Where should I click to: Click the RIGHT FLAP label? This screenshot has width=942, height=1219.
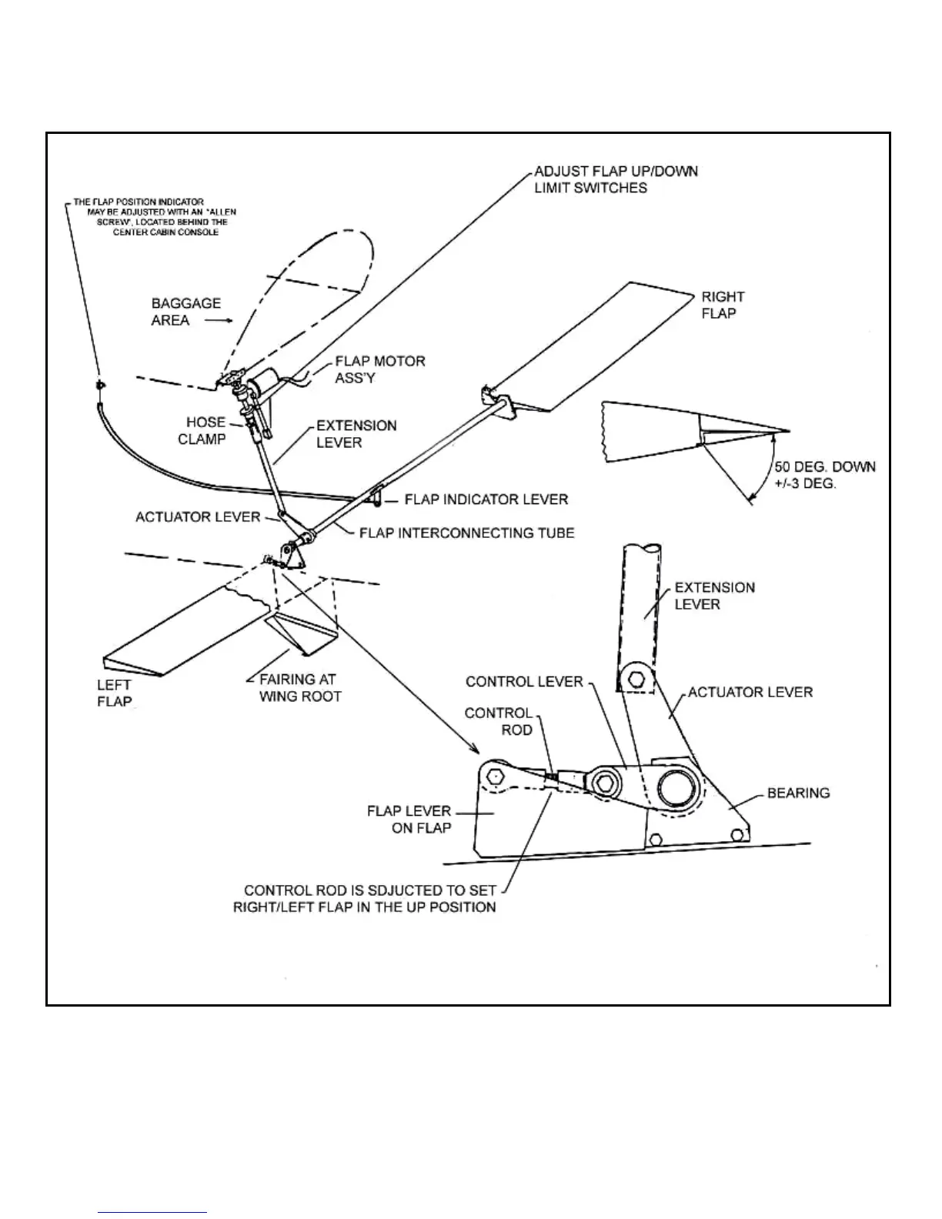click(722, 305)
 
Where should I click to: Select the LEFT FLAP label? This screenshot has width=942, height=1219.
click(114, 693)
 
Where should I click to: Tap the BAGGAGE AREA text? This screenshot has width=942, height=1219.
click(185, 312)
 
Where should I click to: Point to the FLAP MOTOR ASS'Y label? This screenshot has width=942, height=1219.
click(379, 369)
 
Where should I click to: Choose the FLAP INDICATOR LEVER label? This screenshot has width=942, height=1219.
click(486, 499)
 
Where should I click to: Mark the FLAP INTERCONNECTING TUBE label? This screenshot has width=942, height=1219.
click(466, 533)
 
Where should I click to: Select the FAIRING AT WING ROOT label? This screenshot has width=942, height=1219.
click(299, 688)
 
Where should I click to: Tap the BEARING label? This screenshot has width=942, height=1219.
click(798, 793)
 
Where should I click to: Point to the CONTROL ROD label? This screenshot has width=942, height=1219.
click(498, 721)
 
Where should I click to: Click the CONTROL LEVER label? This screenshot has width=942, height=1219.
click(524, 682)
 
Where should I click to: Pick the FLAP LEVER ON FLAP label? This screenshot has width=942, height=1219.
click(409, 820)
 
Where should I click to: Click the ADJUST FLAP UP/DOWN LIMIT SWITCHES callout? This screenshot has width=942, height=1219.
click(616, 179)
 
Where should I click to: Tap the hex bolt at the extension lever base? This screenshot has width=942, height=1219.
click(636, 680)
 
